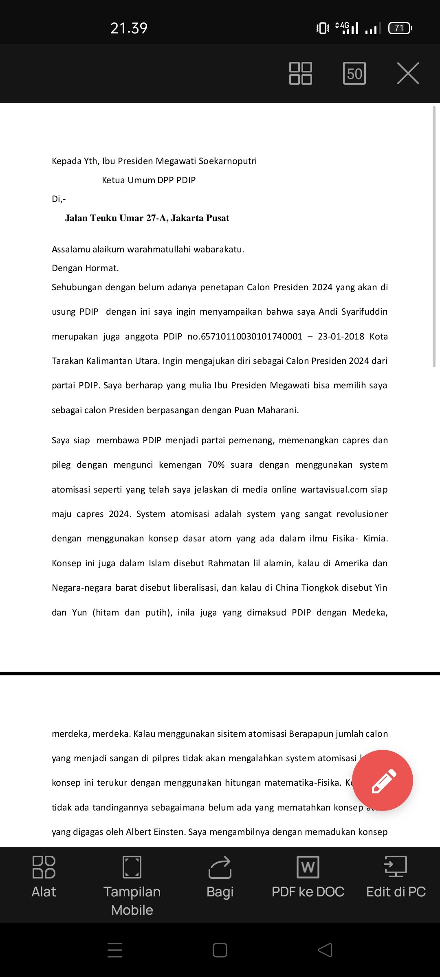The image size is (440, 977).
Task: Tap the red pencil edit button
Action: [382, 780]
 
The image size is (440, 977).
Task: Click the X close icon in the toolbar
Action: [408, 73]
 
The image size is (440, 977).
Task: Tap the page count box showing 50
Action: [354, 73]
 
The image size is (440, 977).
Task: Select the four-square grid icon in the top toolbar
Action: [300, 73]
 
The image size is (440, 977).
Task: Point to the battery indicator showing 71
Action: [400, 28]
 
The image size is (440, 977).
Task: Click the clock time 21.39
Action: [129, 28]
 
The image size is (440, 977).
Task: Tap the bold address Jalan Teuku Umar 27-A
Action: [147, 218]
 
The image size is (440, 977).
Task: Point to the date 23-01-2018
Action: [341, 336]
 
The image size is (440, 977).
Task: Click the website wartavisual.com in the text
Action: [334, 489]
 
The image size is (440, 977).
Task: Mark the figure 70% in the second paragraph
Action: [216, 465]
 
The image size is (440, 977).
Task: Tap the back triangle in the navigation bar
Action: [325, 950]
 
